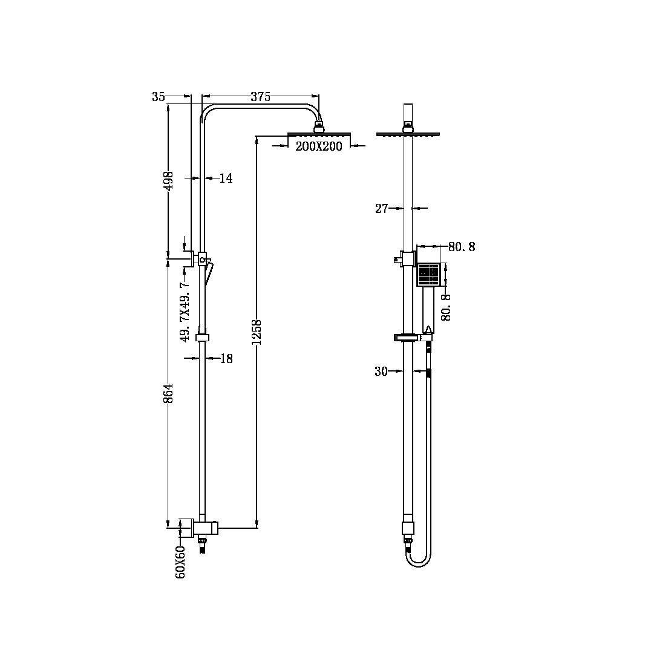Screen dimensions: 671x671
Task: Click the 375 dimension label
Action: pos(260,97)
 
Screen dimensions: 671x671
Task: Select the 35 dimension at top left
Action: pos(159,97)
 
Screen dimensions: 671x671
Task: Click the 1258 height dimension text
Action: pos(257,332)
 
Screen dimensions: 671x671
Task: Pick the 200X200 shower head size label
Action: pos(319,146)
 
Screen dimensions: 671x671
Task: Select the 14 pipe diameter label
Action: pos(226,178)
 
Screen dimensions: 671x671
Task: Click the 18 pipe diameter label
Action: pos(226,359)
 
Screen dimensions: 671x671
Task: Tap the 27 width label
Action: pos(381,209)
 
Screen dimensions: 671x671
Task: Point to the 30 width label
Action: pos(381,372)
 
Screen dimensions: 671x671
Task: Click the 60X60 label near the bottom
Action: pos(181,562)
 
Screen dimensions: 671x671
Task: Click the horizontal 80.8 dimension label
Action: pos(461,247)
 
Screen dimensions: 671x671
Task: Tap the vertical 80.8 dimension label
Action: pos(447,306)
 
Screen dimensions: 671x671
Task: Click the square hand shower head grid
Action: pos(429,275)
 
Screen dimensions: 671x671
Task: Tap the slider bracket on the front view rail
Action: pos(405,338)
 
